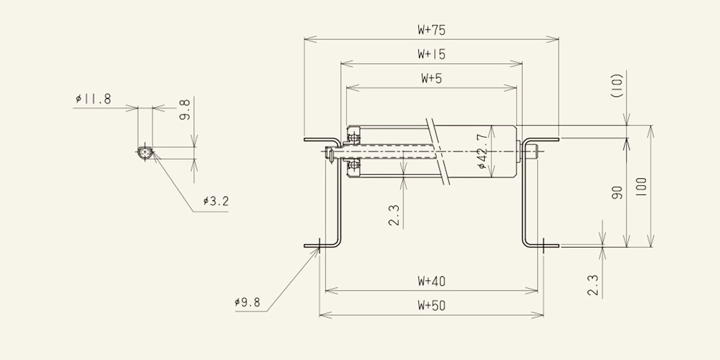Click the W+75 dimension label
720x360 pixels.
tap(431, 30)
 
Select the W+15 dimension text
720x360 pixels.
tap(431, 54)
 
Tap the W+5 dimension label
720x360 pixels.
tap(431, 78)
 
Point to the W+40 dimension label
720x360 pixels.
tap(431, 281)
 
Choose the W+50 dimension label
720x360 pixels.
tap(431, 305)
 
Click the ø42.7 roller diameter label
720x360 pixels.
tap(483, 151)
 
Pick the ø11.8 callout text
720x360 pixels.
tap(93, 98)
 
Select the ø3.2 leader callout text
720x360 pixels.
tap(215, 201)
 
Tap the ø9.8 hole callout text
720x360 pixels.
tap(247, 302)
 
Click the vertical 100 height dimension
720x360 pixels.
tap(641, 187)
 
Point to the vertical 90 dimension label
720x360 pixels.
tap(617, 193)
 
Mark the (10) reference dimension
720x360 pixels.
tap(617, 85)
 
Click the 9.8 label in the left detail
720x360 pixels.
tap(185, 110)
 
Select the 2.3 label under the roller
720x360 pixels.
tap(394, 215)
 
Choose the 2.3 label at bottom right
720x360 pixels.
tap(593, 285)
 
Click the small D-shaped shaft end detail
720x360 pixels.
tap(145, 153)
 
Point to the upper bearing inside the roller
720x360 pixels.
tap(355, 138)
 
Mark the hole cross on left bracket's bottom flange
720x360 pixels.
tap(319, 246)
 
